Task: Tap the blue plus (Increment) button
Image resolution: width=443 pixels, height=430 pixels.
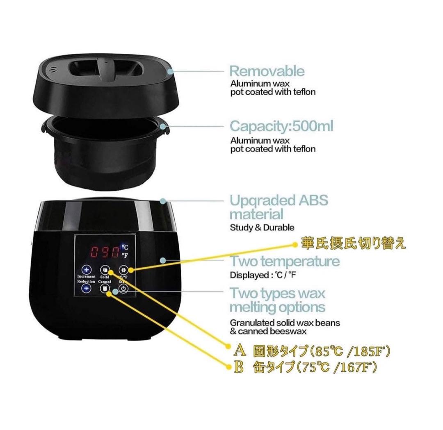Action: click(x=86, y=270)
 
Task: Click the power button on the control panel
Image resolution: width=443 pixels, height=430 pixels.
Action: click(x=123, y=289)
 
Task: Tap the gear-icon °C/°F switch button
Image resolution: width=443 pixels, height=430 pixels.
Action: click(x=123, y=270)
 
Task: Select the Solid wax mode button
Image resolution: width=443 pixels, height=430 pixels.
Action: click(x=105, y=270)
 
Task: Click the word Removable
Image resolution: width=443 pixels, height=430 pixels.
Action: click(x=267, y=71)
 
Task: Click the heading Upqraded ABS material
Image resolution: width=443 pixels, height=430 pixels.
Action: click(x=279, y=207)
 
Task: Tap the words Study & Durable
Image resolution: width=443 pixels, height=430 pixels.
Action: click(x=262, y=227)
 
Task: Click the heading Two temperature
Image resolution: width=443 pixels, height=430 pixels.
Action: click(x=285, y=261)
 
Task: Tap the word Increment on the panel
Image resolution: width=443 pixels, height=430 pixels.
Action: click(x=86, y=277)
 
